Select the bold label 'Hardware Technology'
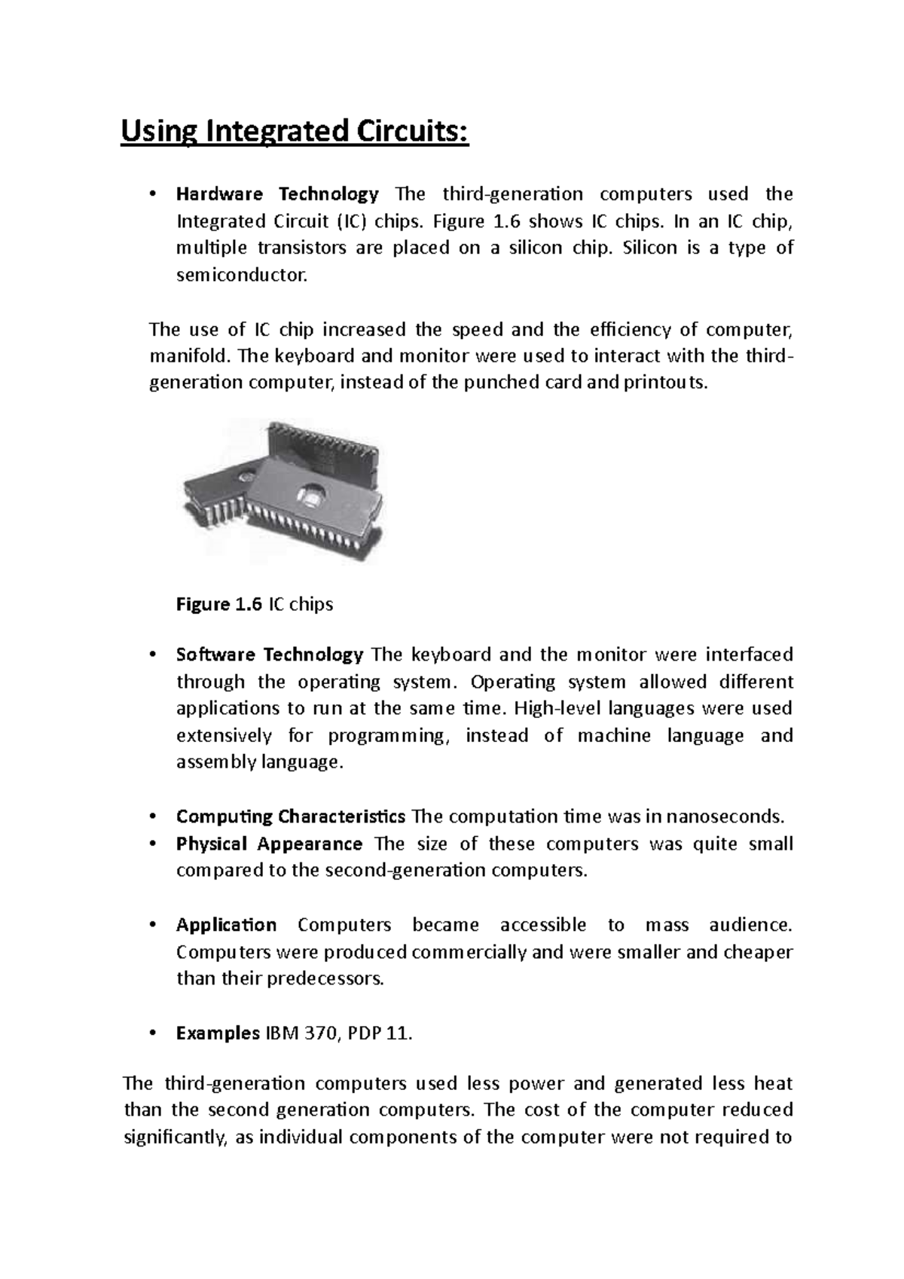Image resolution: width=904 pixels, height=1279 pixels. pos(276,194)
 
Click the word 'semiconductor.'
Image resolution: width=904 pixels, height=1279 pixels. pos(242,276)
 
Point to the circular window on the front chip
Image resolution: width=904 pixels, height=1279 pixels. pos(312,495)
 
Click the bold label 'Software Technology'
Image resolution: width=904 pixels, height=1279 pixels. pos(269,655)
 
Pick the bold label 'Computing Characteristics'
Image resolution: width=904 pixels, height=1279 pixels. pos(290,817)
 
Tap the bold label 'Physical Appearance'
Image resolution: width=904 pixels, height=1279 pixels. pos(269,844)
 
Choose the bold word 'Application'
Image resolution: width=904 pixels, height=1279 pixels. pos(226,925)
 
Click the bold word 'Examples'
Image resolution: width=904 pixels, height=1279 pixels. pos(217,1033)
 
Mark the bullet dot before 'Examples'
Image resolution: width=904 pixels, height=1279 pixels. pos(152,1034)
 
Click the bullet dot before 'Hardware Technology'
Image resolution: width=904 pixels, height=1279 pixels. pos(152,195)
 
